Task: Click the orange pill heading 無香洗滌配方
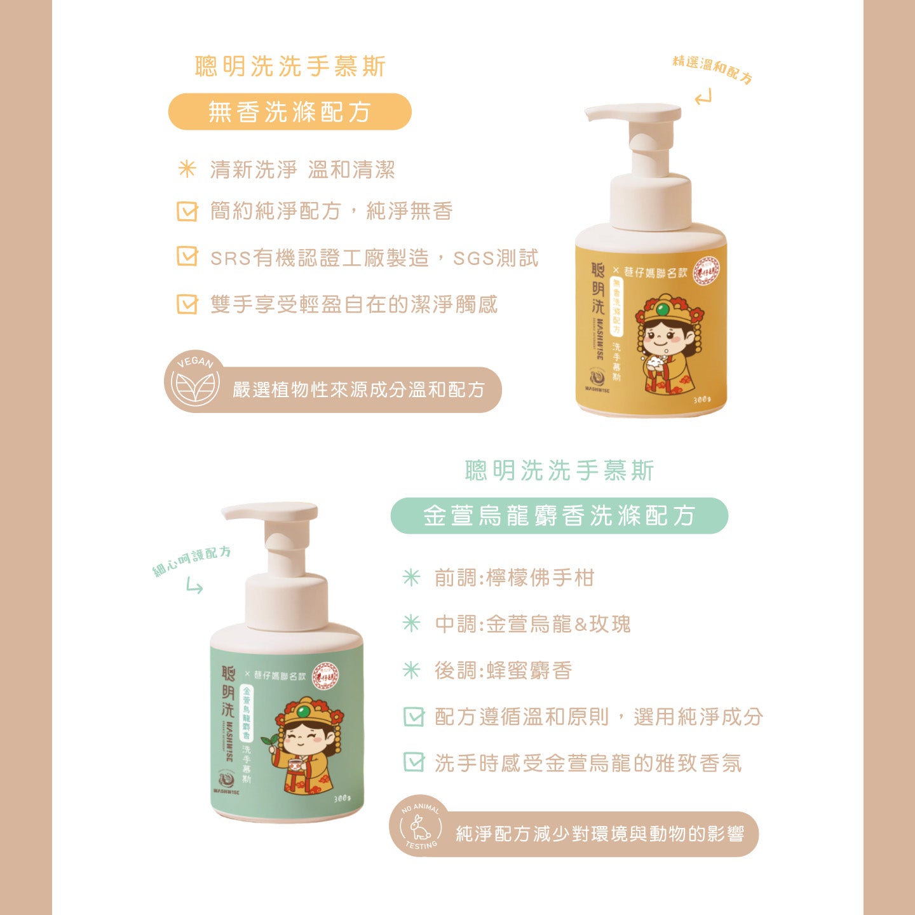290,112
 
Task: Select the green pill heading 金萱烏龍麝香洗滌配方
559,515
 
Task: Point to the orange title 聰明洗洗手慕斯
290,66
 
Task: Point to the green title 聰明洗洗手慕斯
559,471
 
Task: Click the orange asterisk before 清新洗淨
187,169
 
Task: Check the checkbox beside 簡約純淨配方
187,211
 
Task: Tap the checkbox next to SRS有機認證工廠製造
187,257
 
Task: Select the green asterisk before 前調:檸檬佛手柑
412,577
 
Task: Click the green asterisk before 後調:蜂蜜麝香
412,670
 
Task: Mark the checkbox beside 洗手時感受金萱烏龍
414,762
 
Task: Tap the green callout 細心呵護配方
192,560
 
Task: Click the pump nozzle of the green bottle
270,512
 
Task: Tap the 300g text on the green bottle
342,799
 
